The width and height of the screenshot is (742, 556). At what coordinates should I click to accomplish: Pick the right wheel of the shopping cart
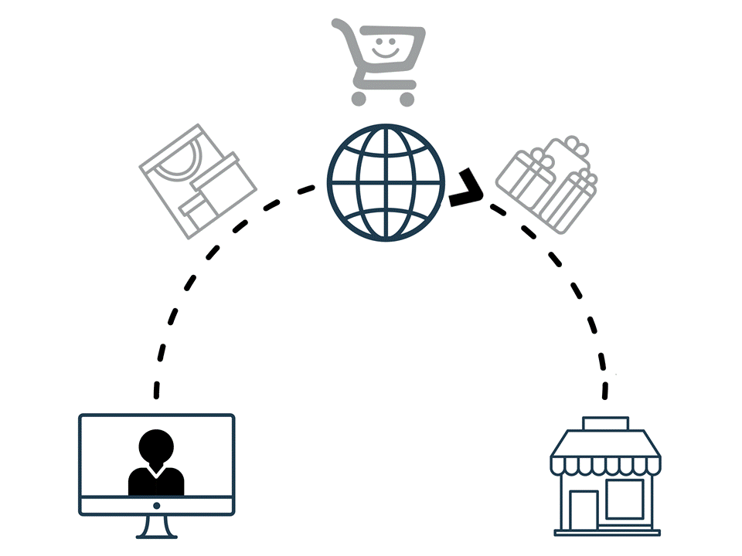tap(407, 98)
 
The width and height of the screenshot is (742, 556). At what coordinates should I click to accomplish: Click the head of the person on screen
tap(156, 446)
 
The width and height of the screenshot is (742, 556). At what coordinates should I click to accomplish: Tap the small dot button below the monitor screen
tap(156, 506)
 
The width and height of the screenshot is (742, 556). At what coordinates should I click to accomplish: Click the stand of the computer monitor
tap(156, 527)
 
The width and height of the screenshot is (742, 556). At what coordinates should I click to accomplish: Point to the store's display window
tap(625, 499)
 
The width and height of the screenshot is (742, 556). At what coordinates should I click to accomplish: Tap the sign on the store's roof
tap(606, 423)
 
